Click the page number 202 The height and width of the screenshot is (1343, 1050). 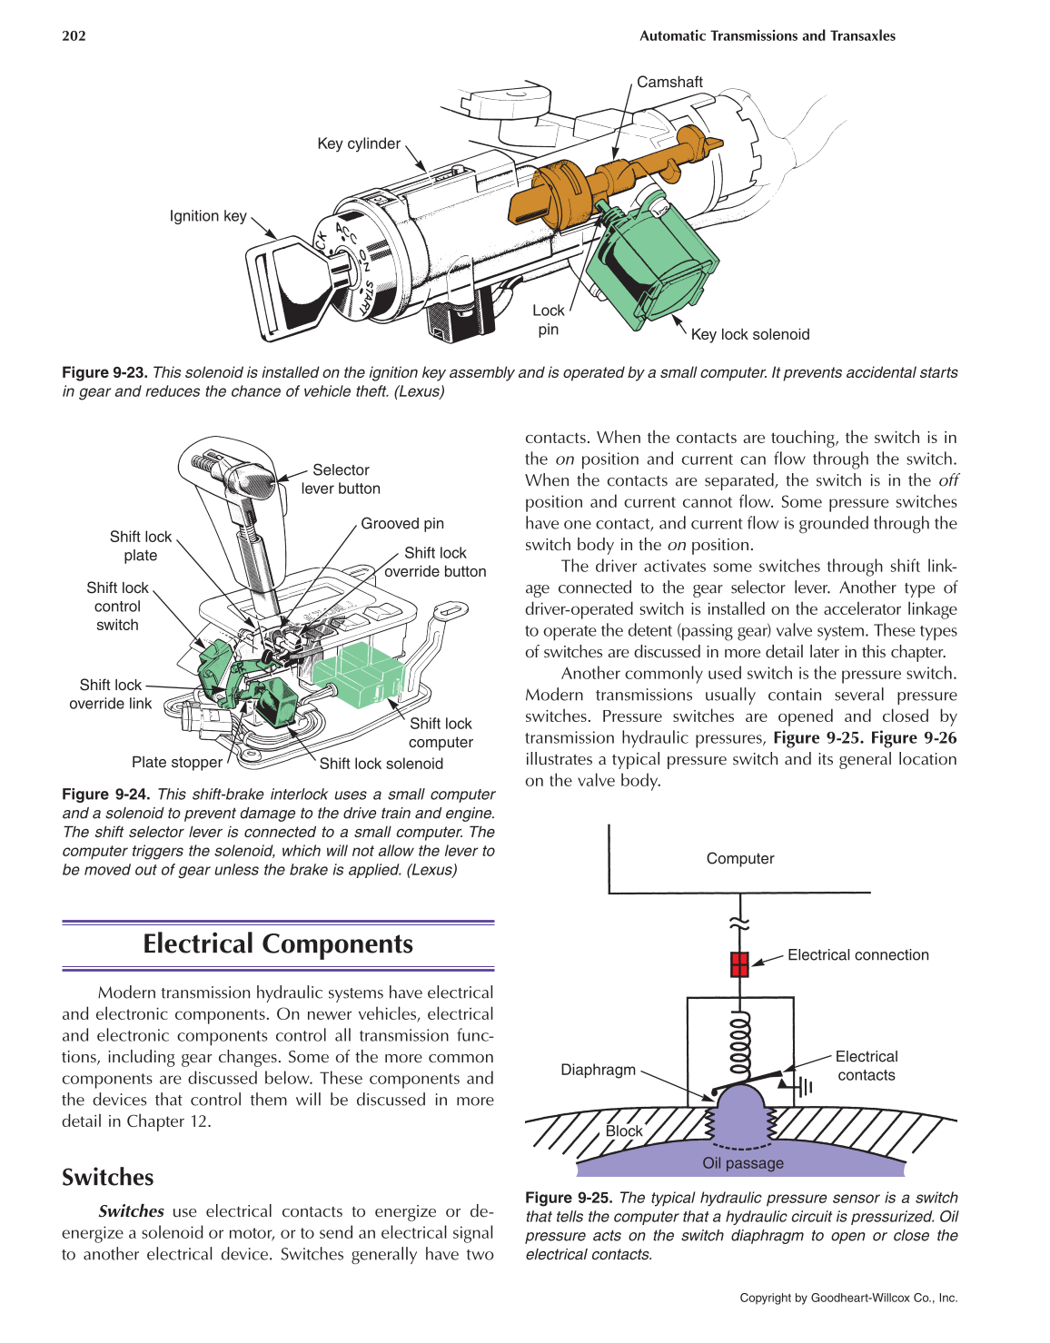(x=74, y=36)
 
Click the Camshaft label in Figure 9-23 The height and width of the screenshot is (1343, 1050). (x=669, y=82)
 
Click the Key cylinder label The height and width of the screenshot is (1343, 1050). (x=359, y=143)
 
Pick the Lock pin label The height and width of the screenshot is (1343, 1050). (x=548, y=320)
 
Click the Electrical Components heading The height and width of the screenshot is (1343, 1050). (x=278, y=944)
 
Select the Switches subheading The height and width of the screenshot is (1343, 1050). (x=107, y=1178)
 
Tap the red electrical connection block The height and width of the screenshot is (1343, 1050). (x=739, y=963)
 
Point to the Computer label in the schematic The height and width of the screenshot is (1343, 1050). (x=740, y=859)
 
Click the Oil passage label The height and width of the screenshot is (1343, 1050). (x=742, y=1163)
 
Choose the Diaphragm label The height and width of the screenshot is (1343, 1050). (x=598, y=1070)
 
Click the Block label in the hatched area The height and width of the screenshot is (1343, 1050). (x=624, y=1131)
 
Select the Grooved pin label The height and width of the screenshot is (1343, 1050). (x=402, y=524)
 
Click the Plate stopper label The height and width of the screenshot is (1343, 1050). (x=177, y=763)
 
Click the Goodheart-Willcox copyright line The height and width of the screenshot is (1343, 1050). (x=848, y=1298)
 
